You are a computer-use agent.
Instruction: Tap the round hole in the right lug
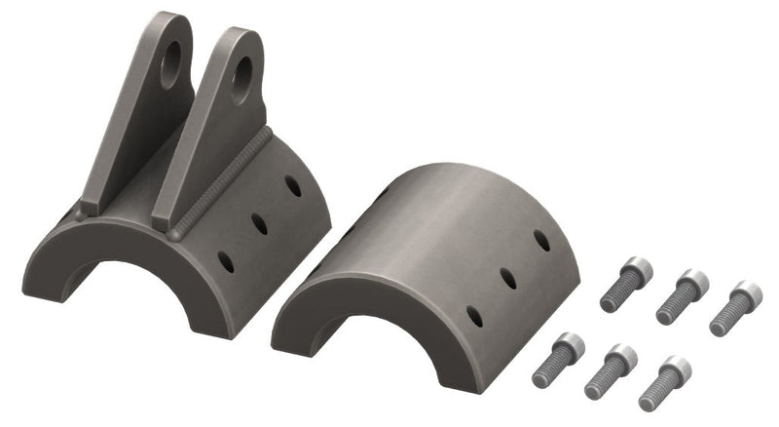tap(241, 67)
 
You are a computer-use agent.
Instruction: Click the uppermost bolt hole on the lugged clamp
tap(293, 184)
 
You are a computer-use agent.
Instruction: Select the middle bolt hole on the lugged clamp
tap(260, 223)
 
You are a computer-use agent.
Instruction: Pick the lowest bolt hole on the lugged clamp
tap(226, 261)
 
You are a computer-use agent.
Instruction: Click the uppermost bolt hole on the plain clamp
tap(541, 240)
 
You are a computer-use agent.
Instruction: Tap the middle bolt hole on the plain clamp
tap(508, 278)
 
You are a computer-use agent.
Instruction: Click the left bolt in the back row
tap(623, 284)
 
